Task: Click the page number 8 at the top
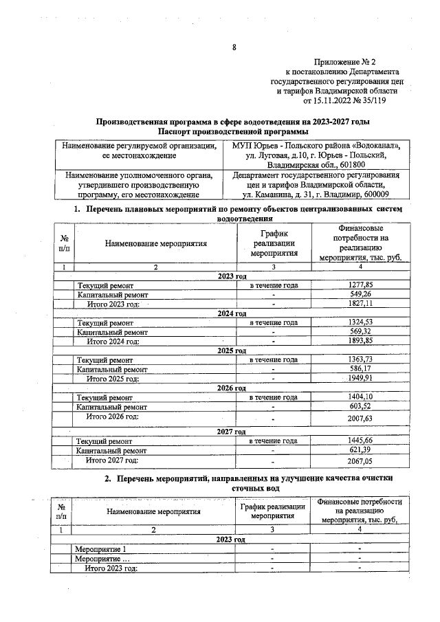click(234, 47)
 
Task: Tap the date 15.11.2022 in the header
click(333, 100)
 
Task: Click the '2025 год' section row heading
click(232, 351)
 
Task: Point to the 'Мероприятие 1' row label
click(101, 549)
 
